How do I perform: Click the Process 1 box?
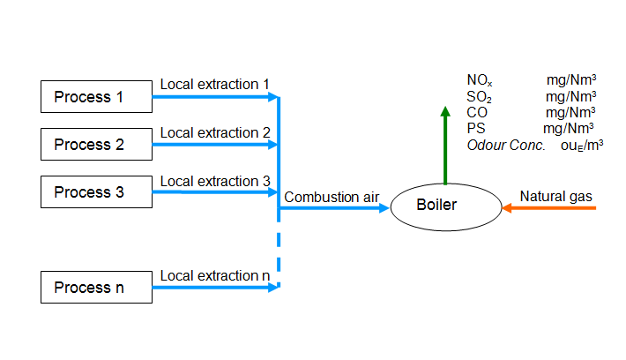coord(96,97)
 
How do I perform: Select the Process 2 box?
coord(96,144)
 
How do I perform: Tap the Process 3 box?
coord(96,191)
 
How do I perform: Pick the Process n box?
coord(96,288)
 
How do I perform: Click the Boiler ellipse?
coord(446,207)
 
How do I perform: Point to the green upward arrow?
coord(445,146)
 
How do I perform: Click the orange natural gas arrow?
coord(549,207)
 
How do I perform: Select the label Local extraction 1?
coord(215,85)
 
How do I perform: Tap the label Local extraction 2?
coord(215,132)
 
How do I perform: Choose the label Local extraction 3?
coord(215,181)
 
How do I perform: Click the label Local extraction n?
coord(215,275)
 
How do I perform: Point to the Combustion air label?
coord(332,197)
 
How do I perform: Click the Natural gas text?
coord(555,197)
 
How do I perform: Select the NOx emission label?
coord(480,80)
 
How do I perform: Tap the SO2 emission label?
coord(479,97)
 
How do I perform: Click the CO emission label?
coord(477,112)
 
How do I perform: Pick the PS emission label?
coord(476,128)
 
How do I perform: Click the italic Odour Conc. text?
coord(506,145)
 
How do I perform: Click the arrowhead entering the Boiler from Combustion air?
coord(384,207)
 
